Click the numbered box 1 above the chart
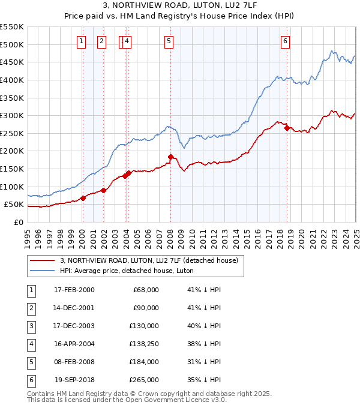81,41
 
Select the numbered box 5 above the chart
169,41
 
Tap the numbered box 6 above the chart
285,41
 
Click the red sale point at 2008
170,157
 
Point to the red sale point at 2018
287,128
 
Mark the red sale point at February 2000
83,198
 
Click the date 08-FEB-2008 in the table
74,362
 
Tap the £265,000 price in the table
145,380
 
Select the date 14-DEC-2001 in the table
74,308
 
